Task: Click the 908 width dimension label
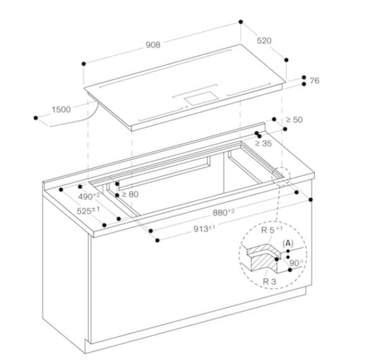(152, 45)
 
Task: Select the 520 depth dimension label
(264, 40)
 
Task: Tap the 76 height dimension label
(314, 80)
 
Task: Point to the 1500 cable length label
(61, 109)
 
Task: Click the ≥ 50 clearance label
(294, 119)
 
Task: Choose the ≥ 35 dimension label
(263, 143)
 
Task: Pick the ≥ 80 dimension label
(129, 194)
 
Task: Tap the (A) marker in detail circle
(289, 243)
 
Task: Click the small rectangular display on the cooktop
(200, 97)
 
